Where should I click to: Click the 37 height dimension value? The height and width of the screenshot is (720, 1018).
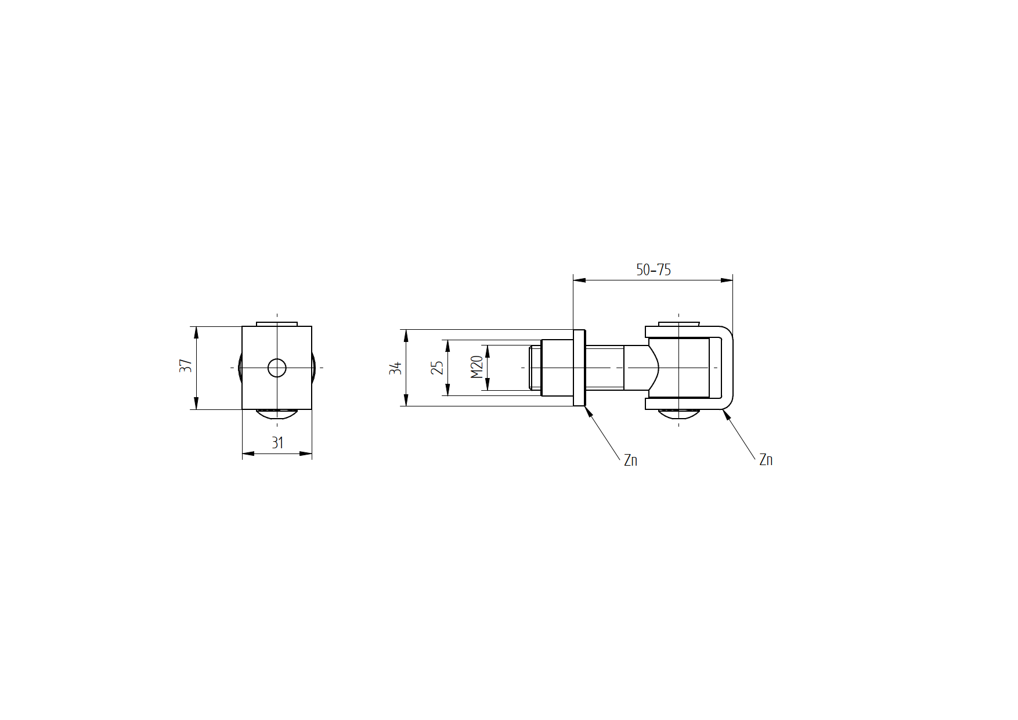click(186, 366)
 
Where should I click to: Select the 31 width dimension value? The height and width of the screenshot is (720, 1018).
click(277, 443)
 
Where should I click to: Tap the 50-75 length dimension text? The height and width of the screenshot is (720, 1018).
click(654, 270)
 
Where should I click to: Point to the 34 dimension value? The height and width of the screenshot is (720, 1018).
click(396, 368)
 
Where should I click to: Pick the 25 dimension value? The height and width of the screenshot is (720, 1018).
click(437, 368)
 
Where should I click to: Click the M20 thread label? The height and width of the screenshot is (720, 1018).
click(477, 368)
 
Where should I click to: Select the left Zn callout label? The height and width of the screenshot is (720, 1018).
click(631, 460)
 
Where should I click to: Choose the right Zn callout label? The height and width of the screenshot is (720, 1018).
click(766, 460)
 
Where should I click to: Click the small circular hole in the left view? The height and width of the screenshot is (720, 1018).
click(277, 368)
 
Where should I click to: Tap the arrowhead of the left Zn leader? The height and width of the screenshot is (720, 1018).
click(589, 412)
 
